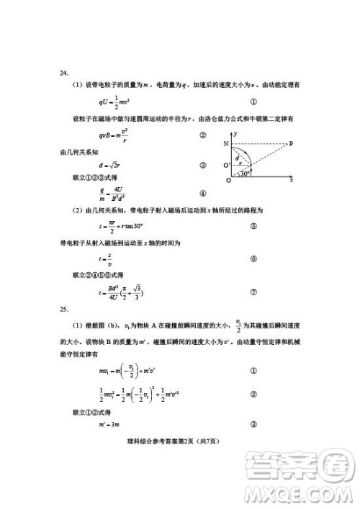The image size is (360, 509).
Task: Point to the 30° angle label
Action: click(246, 174)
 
